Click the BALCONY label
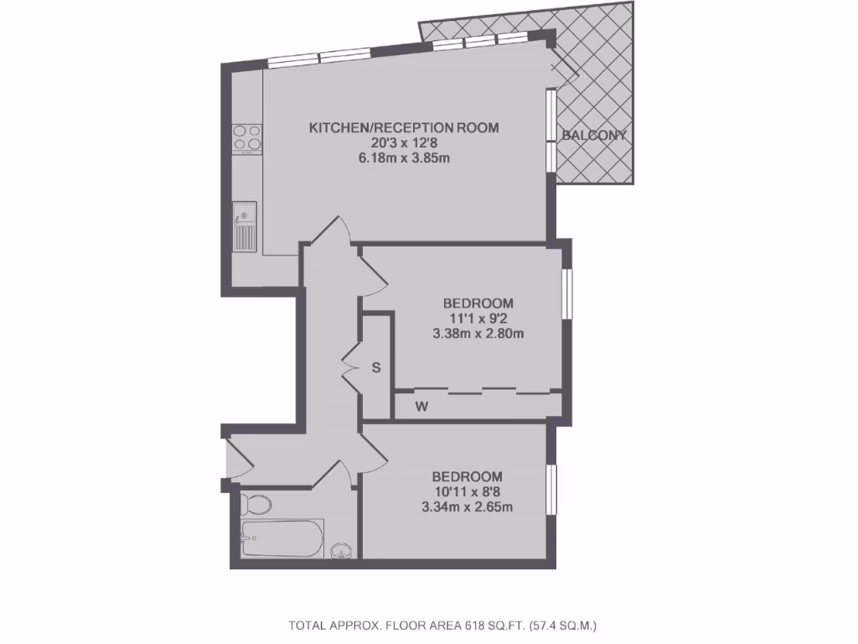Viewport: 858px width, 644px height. click(594, 135)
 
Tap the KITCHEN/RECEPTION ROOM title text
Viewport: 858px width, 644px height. click(404, 128)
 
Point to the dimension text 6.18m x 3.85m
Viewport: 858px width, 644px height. click(404, 158)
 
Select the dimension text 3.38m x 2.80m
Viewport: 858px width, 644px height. click(478, 333)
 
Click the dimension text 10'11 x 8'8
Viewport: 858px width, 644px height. click(468, 491)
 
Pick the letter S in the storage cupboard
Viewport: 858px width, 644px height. click(376, 366)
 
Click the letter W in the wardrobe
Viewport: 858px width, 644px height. click(423, 408)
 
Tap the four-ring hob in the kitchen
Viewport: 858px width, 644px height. click(247, 138)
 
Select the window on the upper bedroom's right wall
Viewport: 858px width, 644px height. click(567, 293)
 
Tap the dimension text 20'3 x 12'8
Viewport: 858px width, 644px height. click(404, 143)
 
